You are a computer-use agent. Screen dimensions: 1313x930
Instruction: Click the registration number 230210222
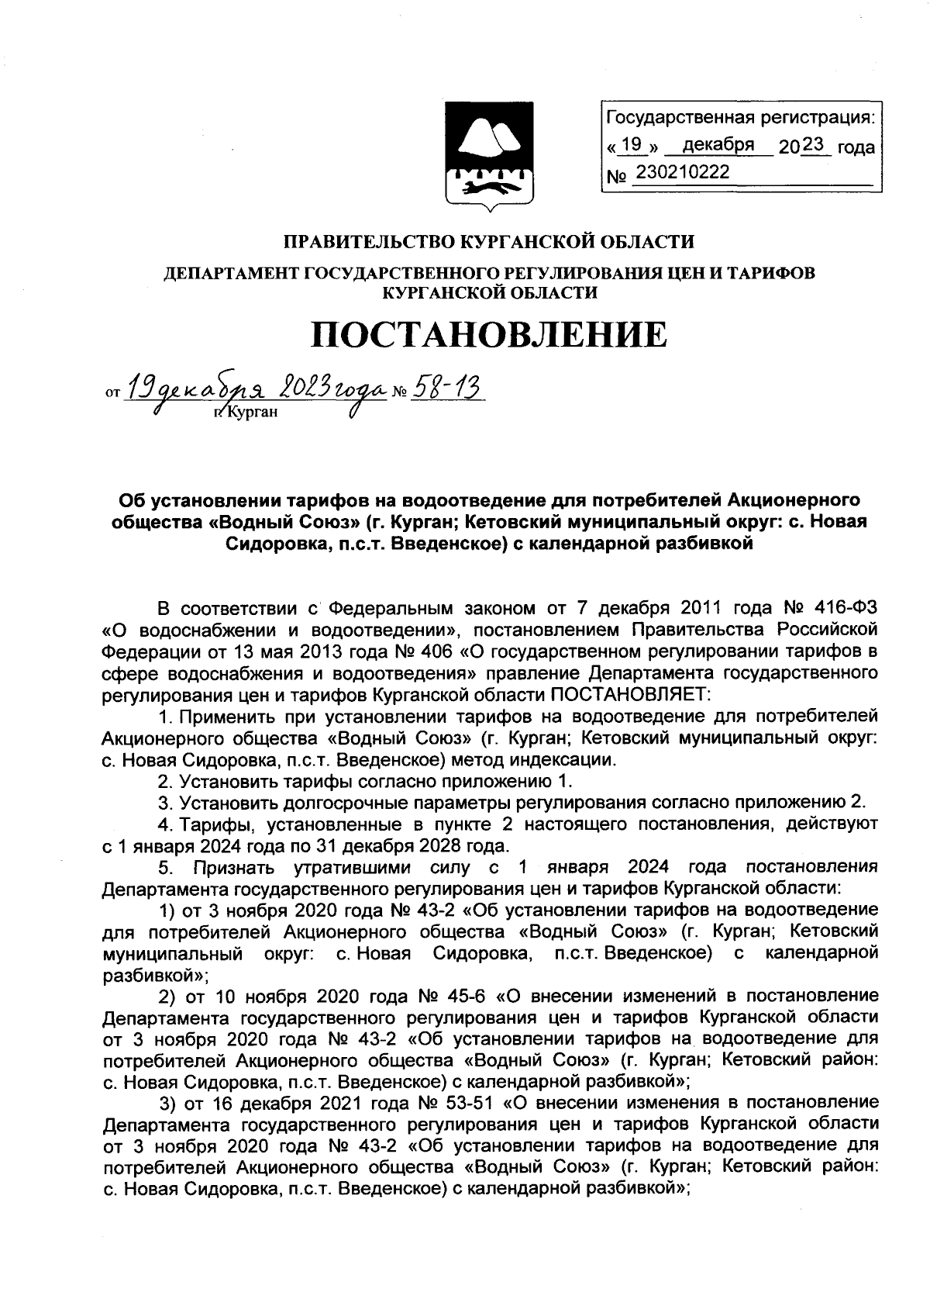tap(682, 172)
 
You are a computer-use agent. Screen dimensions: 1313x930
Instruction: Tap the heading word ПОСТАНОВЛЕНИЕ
tap(488, 334)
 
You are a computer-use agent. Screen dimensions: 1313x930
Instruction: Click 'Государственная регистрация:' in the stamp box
tap(741, 118)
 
